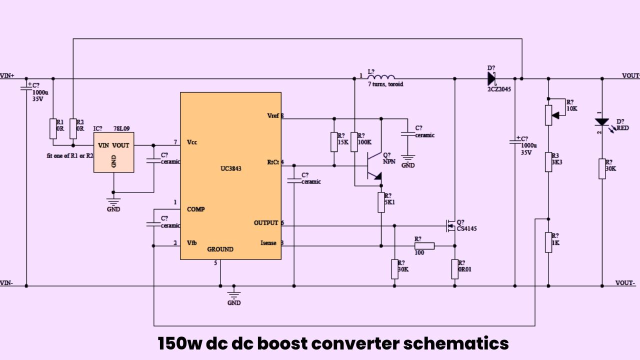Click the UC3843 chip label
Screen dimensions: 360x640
230,169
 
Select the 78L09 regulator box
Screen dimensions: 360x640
114,152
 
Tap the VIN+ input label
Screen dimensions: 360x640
7,75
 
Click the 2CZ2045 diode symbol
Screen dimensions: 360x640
491,78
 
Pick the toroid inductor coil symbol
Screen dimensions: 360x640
381,77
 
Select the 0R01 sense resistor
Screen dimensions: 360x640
454,268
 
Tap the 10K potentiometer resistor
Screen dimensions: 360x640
548,114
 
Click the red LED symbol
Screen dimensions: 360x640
601,122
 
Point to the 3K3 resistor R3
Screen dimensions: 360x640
548,161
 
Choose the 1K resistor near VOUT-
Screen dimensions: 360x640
548,242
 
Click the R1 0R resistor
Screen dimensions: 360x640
53,128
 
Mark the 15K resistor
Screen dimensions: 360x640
333,142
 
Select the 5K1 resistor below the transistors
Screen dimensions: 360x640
381,202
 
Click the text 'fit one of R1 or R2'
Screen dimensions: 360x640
69,155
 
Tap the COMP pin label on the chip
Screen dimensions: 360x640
195,209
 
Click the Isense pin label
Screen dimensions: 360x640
268,243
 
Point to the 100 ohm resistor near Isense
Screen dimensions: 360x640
424,245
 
